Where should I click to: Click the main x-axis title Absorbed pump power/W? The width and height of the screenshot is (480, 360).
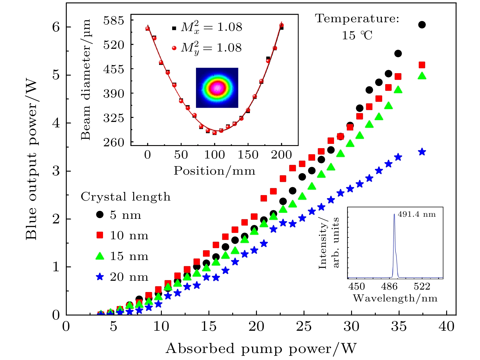click(x=261, y=348)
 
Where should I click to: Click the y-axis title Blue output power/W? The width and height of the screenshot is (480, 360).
click(x=31, y=160)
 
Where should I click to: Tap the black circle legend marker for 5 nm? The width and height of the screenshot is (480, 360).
click(x=100, y=215)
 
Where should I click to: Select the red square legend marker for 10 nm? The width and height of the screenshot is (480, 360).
click(x=100, y=235)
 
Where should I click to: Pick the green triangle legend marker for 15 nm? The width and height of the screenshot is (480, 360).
click(x=100, y=256)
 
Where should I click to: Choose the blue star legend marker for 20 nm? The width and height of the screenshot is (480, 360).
click(x=100, y=277)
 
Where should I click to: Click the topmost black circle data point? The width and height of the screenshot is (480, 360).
click(x=422, y=25)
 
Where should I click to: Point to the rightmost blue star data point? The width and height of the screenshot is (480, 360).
click(x=422, y=152)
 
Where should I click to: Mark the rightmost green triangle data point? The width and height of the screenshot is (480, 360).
click(x=422, y=76)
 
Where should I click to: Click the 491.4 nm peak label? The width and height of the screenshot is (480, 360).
click(x=417, y=214)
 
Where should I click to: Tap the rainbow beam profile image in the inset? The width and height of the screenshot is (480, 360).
click(x=217, y=88)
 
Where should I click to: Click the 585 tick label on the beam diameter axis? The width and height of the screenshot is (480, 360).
click(x=114, y=21)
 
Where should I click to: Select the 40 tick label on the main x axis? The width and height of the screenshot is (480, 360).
click(x=446, y=327)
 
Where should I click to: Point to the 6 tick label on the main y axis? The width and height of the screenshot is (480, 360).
click(x=56, y=27)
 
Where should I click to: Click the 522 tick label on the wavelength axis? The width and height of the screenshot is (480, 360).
click(x=422, y=287)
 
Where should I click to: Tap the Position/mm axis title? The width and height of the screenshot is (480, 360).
click(x=214, y=171)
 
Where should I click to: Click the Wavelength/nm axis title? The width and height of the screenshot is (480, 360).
click(x=395, y=298)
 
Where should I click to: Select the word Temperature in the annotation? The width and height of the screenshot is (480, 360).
click(x=357, y=19)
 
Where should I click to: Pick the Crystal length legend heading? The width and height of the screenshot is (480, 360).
click(x=125, y=197)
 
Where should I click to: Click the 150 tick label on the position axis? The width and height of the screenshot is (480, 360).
click(x=248, y=155)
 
